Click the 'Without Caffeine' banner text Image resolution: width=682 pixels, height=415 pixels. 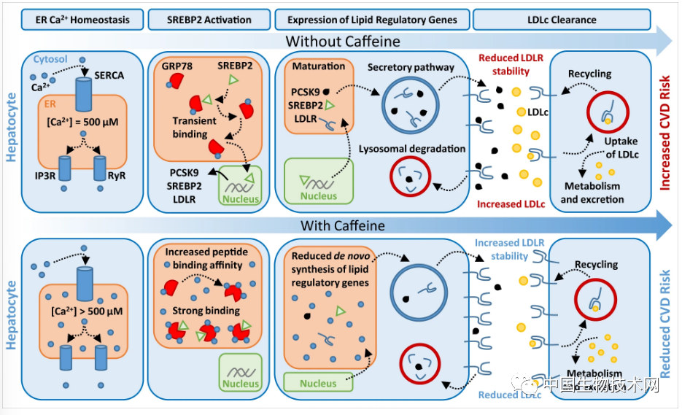[343, 41]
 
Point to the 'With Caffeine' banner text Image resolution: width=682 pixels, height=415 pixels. [343, 225]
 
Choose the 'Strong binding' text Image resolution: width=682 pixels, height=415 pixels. [206, 311]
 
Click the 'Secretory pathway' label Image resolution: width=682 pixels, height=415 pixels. [411, 68]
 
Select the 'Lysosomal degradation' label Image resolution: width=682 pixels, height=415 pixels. [412, 149]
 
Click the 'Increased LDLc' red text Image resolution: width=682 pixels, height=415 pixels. [511, 204]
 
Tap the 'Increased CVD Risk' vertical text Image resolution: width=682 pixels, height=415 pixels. [665, 135]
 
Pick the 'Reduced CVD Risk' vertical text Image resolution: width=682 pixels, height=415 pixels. [665, 321]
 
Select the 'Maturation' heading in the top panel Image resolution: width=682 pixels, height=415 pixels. [319, 66]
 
